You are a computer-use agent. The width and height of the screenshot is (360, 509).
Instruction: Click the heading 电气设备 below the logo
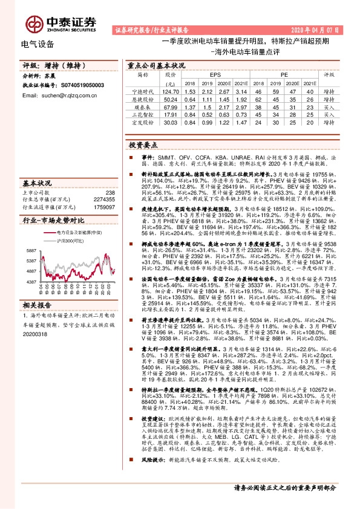click(x=38, y=44)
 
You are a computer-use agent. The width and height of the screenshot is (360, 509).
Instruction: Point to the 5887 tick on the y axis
click(x=31, y=250)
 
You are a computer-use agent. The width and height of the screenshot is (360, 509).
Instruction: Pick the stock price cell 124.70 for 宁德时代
click(x=170, y=91)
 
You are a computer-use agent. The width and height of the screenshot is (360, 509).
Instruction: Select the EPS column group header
click(x=210, y=76)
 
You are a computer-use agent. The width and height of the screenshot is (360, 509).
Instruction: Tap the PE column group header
click(x=283, y=76)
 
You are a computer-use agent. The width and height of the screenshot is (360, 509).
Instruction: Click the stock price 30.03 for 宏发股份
click(x=170, y=121)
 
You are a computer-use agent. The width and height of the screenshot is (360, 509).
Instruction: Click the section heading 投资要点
click(x=142, y=146)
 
